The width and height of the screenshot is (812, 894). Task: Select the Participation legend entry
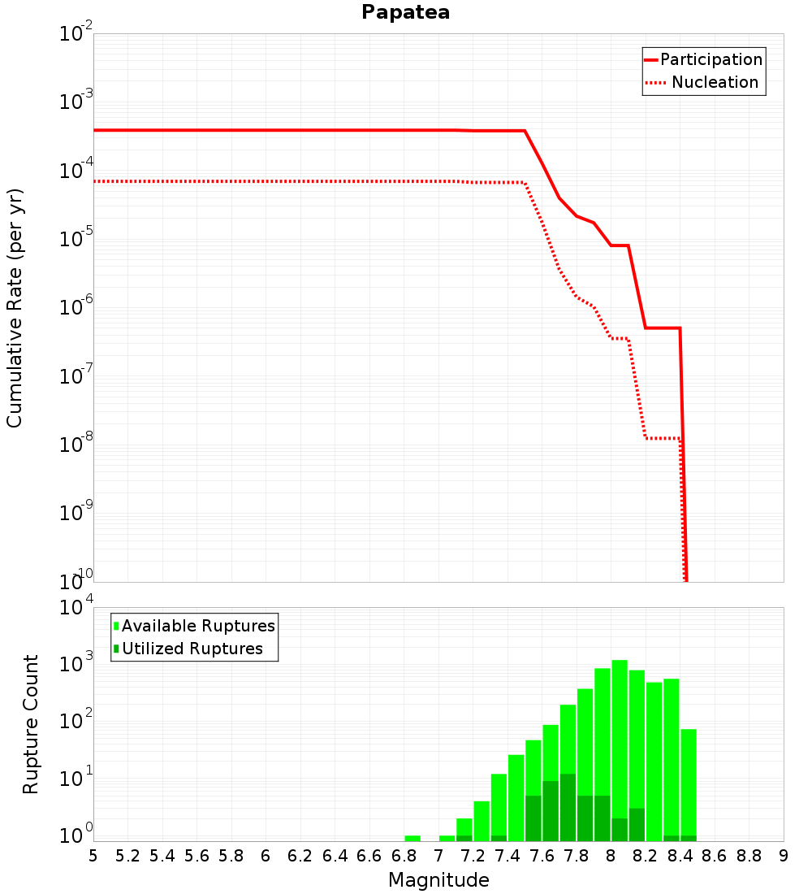click(711, 59)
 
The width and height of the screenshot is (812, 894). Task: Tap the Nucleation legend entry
click(715, 82)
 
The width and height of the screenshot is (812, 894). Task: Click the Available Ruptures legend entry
click(198, 626)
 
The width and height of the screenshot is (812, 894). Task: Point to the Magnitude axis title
click(438, 880)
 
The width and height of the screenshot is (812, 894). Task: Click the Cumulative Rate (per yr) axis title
click(15, 307)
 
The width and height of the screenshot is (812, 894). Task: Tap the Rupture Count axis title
click(31, 724)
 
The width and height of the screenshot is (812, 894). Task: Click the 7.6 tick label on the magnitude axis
click(542, 856)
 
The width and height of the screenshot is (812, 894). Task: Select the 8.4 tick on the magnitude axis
click(680, 856)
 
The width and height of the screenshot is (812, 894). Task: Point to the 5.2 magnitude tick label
click(127, 856)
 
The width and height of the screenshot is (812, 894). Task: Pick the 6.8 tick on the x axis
click(404, 856)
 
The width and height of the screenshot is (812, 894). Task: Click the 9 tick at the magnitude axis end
click(783, 856)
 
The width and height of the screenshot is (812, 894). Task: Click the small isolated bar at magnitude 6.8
click(412, 838)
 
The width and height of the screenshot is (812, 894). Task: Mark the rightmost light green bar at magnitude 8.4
click(689, 780)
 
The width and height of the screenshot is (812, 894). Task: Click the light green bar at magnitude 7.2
click(482, 821)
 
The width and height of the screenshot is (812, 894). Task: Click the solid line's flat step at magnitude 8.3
click(663, 328)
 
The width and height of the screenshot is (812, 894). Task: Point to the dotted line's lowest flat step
click(663, 438)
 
